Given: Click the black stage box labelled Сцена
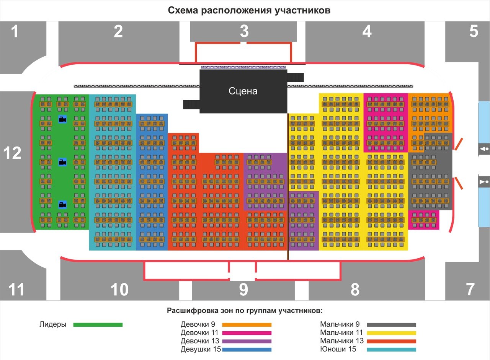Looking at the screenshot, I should (243, 91).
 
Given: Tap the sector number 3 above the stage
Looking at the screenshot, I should (244, 31).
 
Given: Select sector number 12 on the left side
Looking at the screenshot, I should (12, 153).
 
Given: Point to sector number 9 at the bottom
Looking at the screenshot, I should (243, 290).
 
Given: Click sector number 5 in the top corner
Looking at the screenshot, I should (474, 31).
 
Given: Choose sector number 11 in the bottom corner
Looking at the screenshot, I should (16, 290).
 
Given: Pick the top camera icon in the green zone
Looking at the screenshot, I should (62, 119).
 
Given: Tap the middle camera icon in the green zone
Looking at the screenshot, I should (62, 162).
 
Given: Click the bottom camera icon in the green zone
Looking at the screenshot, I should (62, 205).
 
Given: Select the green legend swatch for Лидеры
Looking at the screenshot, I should (98, 325).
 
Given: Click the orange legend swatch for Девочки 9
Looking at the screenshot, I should (247, 325).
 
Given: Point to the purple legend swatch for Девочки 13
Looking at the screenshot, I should (247, 341).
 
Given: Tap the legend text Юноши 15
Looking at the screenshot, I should (338, 349).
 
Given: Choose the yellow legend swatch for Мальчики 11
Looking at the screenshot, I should (391, 333).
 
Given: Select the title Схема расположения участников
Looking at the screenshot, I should (249, 10).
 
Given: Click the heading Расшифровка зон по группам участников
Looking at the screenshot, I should (245, 310).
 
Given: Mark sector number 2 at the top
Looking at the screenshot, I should (118, 31).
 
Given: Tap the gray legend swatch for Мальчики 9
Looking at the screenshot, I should (391, 325).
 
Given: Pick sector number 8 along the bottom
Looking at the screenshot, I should (355, 290).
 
